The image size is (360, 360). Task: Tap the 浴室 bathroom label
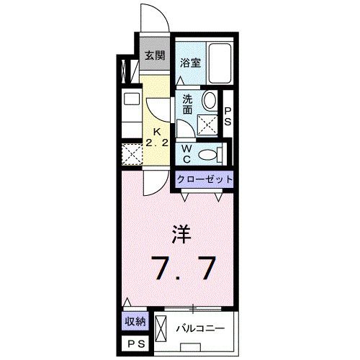pos(191,62)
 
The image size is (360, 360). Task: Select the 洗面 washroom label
pos(187,104)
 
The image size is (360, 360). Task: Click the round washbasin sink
pos(210,101)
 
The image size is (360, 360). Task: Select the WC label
pos(185,153)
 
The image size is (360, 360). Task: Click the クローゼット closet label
pos(205,179)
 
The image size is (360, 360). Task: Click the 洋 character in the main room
pos(180,233)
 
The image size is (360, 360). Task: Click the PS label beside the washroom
pos(228,116)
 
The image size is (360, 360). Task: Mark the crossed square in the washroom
pos(207,125)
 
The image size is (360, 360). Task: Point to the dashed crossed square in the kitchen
pos(131,154)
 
